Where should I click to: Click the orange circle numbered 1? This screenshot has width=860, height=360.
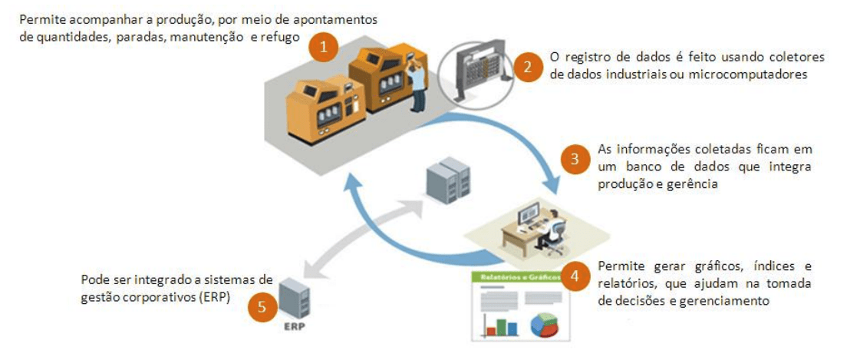325,47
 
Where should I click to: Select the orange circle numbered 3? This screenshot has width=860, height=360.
573,160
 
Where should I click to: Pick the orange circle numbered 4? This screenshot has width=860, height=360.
573,275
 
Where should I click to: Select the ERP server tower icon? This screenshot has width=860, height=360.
295,299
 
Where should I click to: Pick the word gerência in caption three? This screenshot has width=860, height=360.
694,184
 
